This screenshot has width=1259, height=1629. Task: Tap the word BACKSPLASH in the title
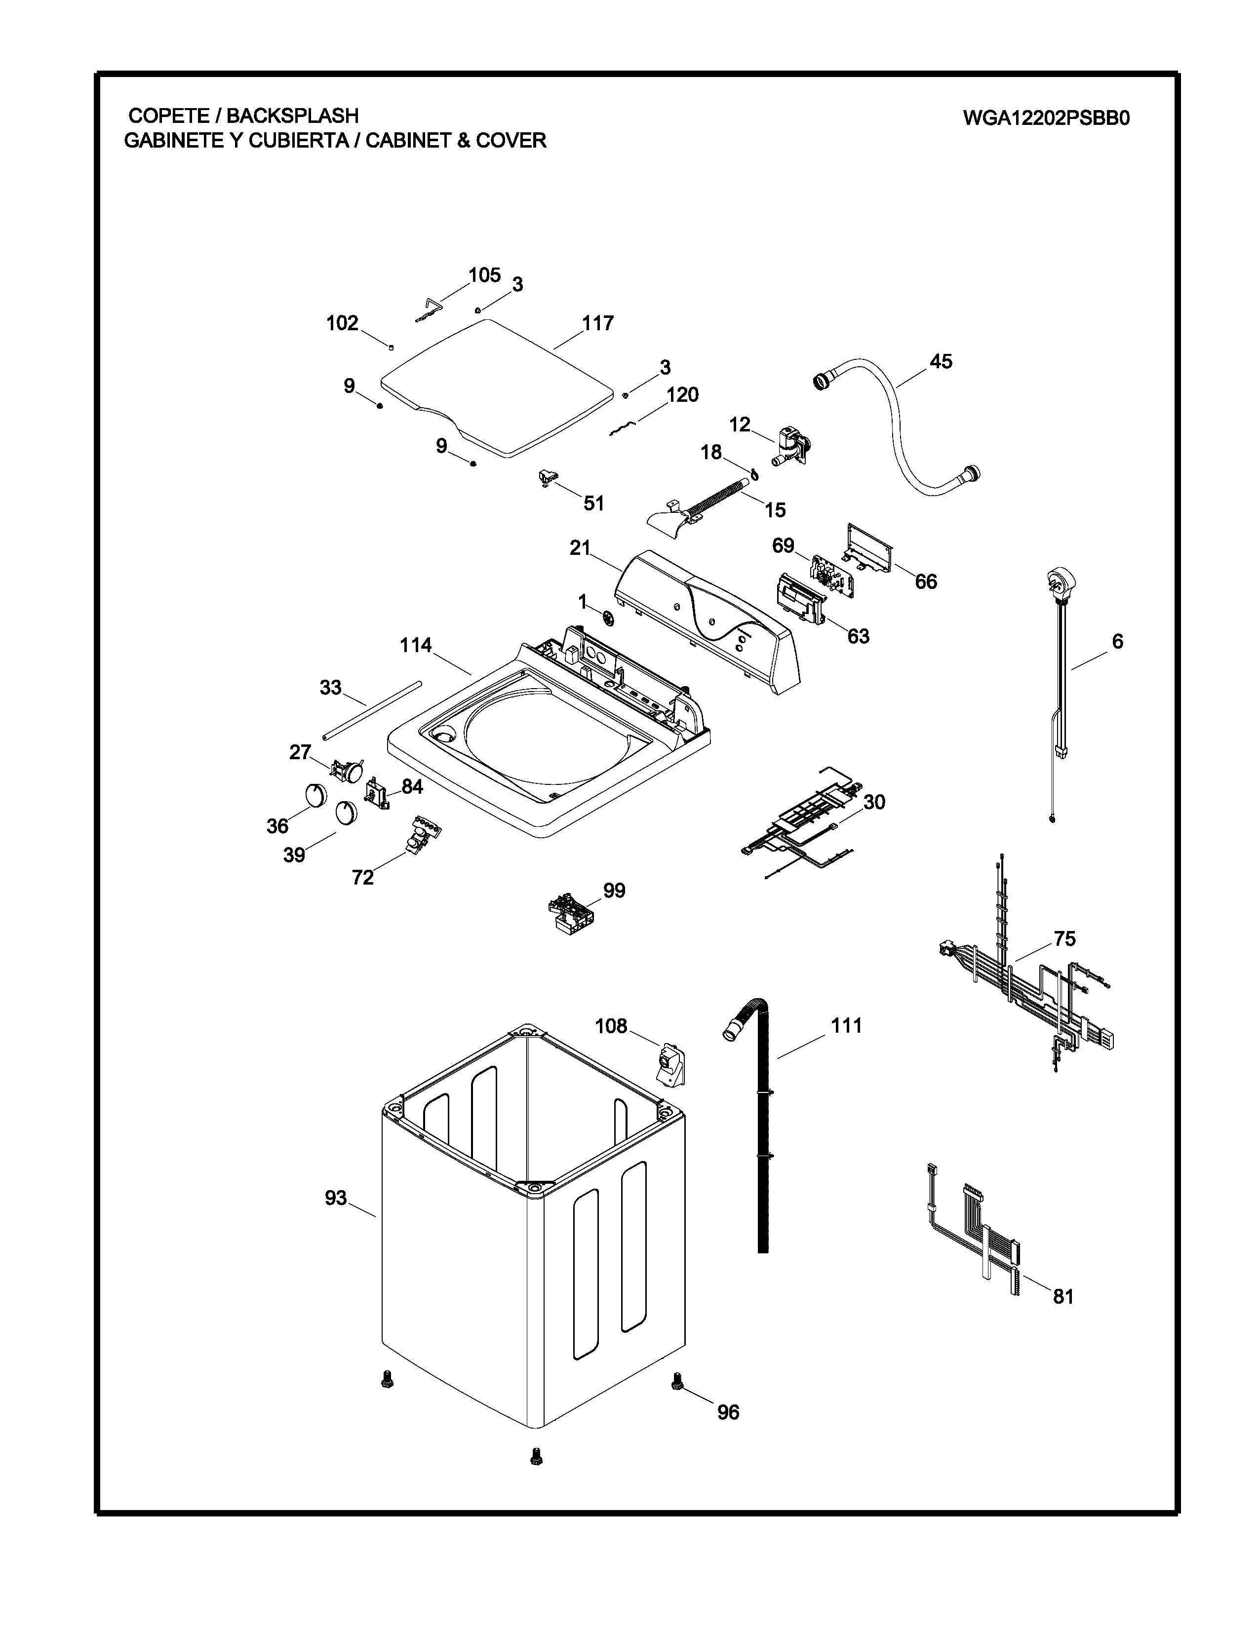292,116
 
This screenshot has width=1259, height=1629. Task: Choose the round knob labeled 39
345,812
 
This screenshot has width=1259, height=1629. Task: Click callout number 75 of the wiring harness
1064,938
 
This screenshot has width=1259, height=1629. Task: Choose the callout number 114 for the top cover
415,645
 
